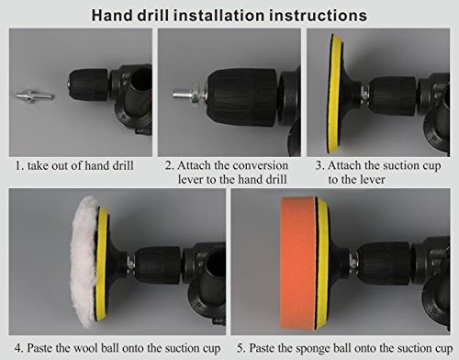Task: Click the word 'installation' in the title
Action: (220, 16)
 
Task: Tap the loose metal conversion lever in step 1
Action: (35, 96)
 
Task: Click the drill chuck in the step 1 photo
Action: (88, 84)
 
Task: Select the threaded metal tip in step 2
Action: (182, 94)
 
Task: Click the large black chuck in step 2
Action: (241, 97)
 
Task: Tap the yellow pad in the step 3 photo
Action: (334, 94)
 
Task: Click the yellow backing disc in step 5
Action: (323, 263)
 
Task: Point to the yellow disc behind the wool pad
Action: (102, 264)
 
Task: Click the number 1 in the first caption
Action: (18, 165)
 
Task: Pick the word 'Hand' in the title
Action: (113, 16)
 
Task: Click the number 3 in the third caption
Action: (319, 165)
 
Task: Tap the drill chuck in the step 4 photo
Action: (158, 265)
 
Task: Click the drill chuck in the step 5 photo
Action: (384, 264)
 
